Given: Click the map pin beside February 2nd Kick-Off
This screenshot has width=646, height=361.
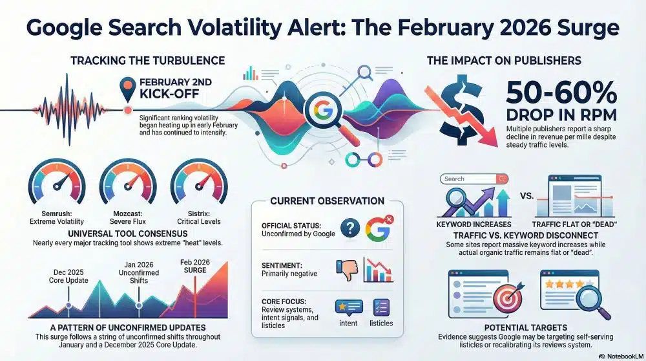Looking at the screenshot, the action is [128, 89].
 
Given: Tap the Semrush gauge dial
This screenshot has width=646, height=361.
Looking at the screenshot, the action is [57, 182].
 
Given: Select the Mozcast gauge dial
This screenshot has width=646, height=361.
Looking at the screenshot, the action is [128, 182].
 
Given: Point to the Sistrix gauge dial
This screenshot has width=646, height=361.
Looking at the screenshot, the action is [199, 182].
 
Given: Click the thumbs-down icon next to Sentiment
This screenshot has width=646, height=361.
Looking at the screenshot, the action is [347, 270].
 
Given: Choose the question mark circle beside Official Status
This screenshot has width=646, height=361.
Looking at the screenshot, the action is [350, 228].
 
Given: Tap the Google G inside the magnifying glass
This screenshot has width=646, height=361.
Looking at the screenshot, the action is [324, 110].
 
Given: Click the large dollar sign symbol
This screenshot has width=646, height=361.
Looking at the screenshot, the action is [461, 110].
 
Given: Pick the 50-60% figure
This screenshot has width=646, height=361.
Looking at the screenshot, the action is [561, 93].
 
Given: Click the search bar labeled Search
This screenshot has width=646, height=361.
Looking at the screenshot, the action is [474, 179].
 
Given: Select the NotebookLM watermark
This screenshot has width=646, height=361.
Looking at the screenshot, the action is [620, 356].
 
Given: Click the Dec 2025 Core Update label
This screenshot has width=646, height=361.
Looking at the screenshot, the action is [68, 276].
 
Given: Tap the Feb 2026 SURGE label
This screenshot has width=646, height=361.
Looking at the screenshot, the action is [195, 266].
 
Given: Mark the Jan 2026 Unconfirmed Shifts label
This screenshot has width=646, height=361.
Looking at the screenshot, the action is [139, 273].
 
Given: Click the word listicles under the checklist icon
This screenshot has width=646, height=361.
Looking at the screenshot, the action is [381, 323].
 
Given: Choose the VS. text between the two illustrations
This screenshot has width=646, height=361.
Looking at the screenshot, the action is [526, 196].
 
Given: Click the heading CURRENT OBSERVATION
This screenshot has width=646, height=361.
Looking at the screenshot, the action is [327, 201].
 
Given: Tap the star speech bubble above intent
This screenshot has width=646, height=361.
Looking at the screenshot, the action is [349, 307].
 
